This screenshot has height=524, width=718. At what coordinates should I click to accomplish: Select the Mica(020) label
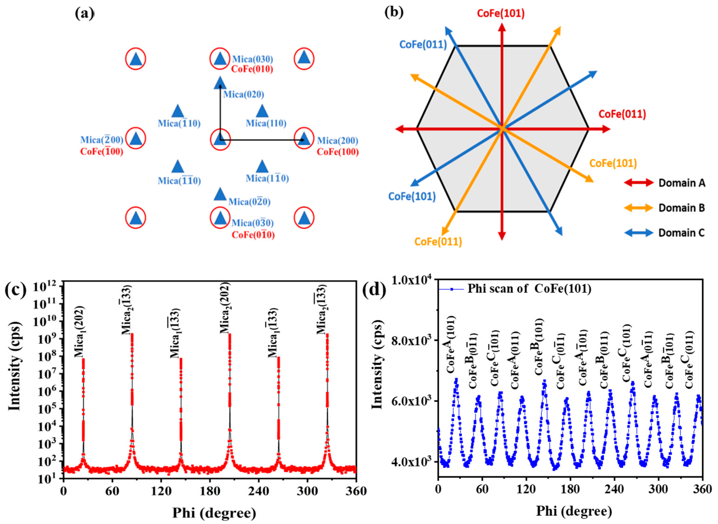[243, 94]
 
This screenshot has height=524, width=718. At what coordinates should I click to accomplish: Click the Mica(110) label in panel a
[266, 123]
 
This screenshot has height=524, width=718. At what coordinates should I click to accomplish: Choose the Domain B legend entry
[682, 208]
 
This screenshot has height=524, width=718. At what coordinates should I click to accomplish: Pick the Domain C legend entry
[682, 233]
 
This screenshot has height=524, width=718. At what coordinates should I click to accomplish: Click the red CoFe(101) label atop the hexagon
[501, 14]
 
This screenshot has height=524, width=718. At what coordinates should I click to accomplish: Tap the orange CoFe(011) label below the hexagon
[438, 242]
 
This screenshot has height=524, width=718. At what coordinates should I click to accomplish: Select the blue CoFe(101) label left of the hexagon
[412, 197]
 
